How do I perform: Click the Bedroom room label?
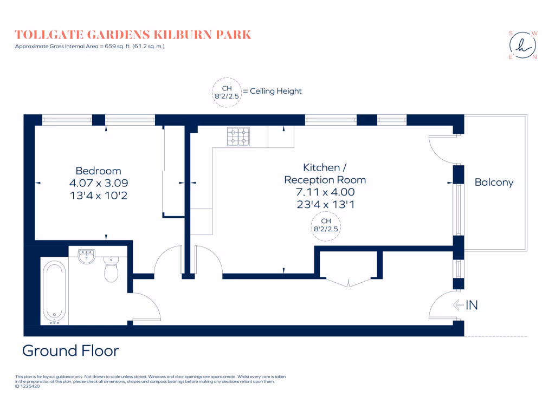tap(98, 171)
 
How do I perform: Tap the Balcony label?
tap(494, 183)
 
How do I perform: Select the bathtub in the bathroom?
tap(54, 291)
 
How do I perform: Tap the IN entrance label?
tap(472, 305)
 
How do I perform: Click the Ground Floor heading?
tap(70, 350)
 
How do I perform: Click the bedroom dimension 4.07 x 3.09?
tap(98, 183)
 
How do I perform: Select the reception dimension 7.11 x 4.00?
tap(325, 192)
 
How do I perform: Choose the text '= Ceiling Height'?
tap(272, 92)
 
